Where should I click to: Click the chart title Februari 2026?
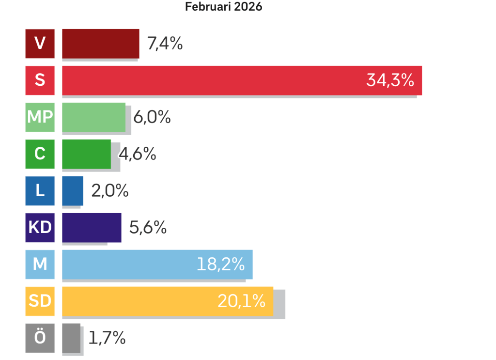coord(223,7)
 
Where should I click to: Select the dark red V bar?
coord(101,44)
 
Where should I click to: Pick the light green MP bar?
coord(93,117)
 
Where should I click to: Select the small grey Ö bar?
coord(71,338)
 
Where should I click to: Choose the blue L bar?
coord(73,190)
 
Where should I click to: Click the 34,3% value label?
coord(390,80)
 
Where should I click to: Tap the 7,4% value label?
coord(165,44)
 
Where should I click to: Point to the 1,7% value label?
coord(107,338)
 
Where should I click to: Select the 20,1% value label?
coord(241,301)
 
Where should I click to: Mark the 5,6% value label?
coord(148,228)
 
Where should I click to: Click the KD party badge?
coord(40,228)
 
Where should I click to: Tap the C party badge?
coord(40,154)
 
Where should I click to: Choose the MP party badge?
coord(40,117)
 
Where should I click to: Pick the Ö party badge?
coord(40,338)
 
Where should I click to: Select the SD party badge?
coord(40,301)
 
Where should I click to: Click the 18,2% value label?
coord(220,265)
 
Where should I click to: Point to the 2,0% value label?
coord(110,191)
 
